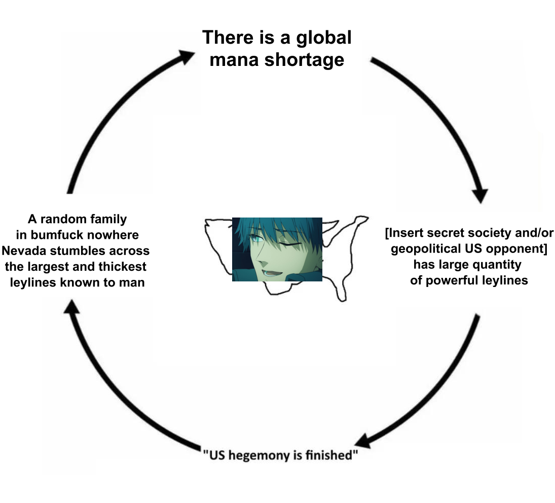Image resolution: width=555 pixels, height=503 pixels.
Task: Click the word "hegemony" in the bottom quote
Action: [x=257, y=455]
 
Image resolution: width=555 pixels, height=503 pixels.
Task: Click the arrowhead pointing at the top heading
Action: [x=186, y=55]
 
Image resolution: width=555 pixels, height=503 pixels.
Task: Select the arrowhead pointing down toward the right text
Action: [x=479, y=195]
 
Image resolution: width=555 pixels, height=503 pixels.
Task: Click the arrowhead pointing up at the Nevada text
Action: [x=72, y=306]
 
